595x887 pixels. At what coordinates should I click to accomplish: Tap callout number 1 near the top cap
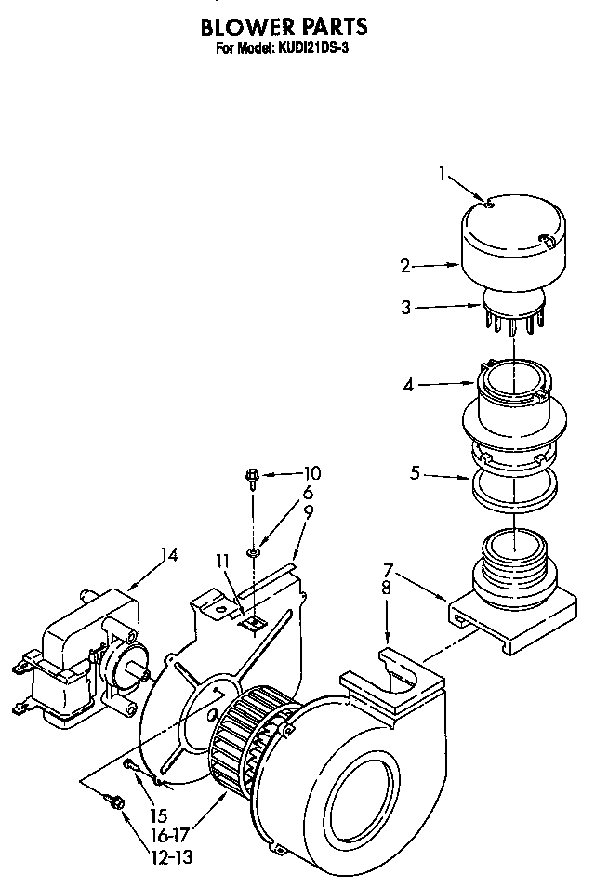coord(443,172)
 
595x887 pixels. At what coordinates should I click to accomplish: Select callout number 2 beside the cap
coord(405,266)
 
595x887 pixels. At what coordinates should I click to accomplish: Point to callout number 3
coord(406,308)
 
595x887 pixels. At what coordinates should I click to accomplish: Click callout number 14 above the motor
coord(168,555)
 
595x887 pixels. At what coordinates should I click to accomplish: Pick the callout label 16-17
coord(173,835)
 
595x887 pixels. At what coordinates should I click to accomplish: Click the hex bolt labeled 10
coord(252,478)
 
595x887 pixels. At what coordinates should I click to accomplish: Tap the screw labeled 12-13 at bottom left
coord(116,799)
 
